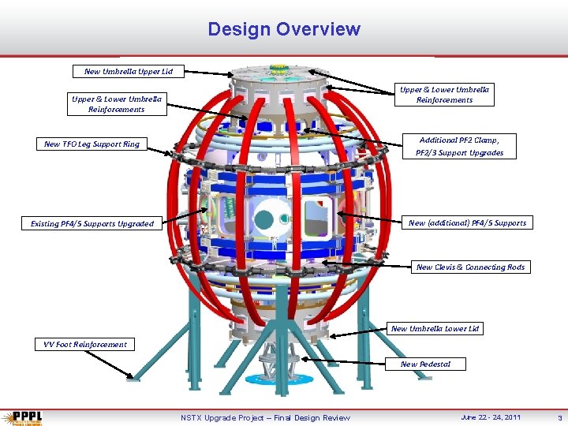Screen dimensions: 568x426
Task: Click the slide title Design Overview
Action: pyautogui.click(x=284, y=30)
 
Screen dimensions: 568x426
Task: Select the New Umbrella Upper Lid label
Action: pyautogui.click(x=129, y=72)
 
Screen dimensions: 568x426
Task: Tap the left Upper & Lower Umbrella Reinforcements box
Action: pyautogui.click(x=117, y=104)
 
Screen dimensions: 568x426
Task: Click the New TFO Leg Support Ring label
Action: pyautogui.click(x=92, y=144)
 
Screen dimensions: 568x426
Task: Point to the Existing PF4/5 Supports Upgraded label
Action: pyautogui.click(x=92, y=224)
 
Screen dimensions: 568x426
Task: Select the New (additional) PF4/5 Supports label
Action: pyautogui.click(x=467, y=223)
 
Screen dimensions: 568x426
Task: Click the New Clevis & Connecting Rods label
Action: pyautogui.click(x=470, y=267)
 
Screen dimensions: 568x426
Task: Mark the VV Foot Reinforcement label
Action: pyautogui.click(x=85, y=344)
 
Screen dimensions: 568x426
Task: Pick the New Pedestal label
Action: pyautogui.click(x=425, y=364)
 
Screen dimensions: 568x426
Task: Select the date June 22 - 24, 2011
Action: pyautogui.click(x=491, y=417)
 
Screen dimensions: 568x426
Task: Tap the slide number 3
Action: pyautogui.click(x=559, y=417)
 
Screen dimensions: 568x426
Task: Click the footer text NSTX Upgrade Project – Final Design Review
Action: pyautogui.click(x=265, y=417)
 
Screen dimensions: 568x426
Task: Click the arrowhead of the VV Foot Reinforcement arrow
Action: pyautogui.click(x=131, y=377)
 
